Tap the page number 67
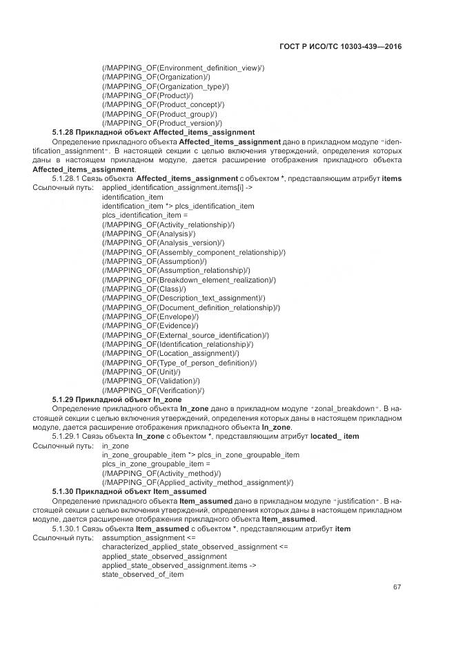coord(397,587)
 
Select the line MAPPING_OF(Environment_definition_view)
coord(183,68)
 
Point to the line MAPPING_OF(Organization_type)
coord(166,86)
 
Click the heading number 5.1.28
coord(63,132)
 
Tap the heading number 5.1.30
coord(63,491)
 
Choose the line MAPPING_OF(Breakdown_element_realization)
coord(188,280)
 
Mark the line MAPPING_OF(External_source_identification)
coord(185,334)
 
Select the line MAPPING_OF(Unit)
coord(141,371)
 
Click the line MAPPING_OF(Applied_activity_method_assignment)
coord(188,482)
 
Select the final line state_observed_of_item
coord(143,574)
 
